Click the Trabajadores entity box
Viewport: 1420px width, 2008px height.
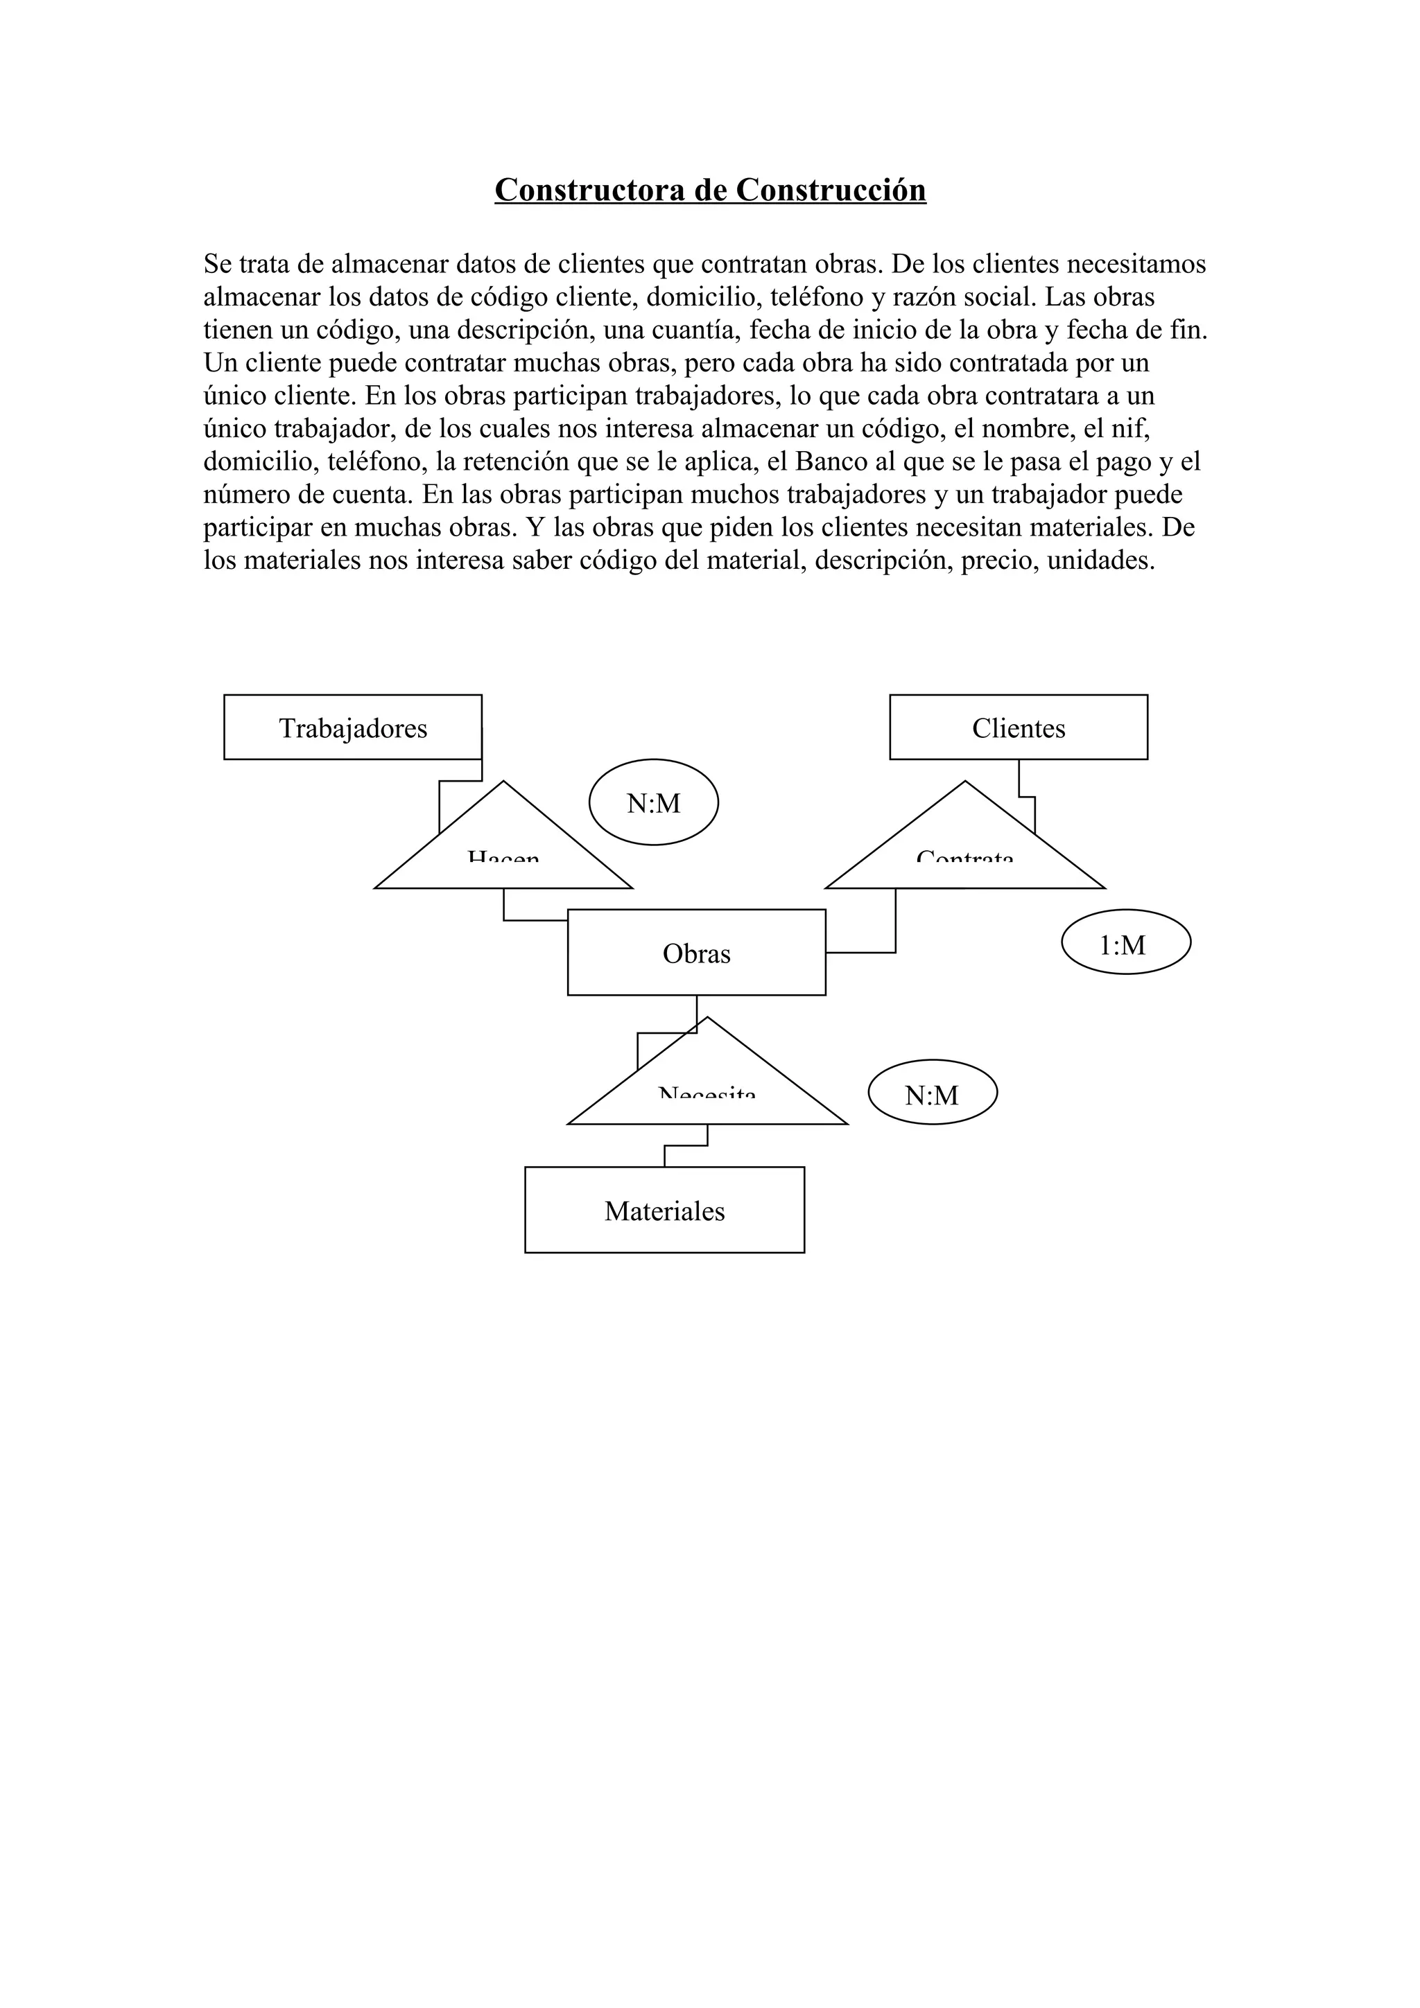point(353,728)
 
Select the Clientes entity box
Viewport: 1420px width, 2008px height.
point(1019,728)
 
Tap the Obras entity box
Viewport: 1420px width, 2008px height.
point(696,953)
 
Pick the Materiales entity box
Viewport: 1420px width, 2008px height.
point(664,1210)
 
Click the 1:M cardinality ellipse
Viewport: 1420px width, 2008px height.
point(1125,944)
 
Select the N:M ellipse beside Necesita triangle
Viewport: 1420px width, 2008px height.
point(932,1095)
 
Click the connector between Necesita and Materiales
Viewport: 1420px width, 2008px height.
point(686,1145)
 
